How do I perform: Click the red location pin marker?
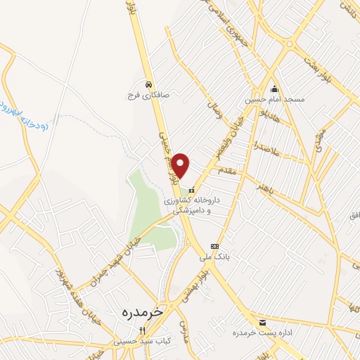[x=181, y=165]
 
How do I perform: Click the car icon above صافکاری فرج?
[x=148, y=84]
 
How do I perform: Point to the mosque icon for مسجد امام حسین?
[x=274, y=89]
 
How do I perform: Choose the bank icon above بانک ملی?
[x=214, y=246]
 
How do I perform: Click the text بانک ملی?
[x=214, y=257]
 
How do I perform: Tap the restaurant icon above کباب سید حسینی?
[x=141, y=330]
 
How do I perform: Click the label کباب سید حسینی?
[x=141, y=341]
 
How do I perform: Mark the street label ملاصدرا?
[x=268, y=150]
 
